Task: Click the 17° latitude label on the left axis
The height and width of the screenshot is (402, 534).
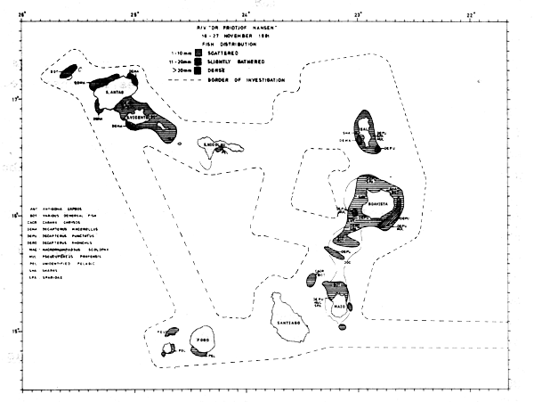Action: point(12,98)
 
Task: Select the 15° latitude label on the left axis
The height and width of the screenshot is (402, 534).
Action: point(12,332)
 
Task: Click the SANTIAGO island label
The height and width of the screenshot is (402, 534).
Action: point(294,320)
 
